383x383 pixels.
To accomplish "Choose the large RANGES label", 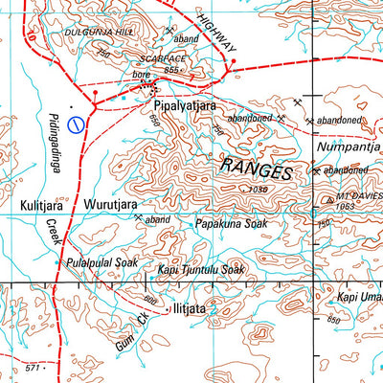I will pos(257,169).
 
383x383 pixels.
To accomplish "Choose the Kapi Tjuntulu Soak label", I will pos(201,271).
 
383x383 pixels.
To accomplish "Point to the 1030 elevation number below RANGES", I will pos(257,190).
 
